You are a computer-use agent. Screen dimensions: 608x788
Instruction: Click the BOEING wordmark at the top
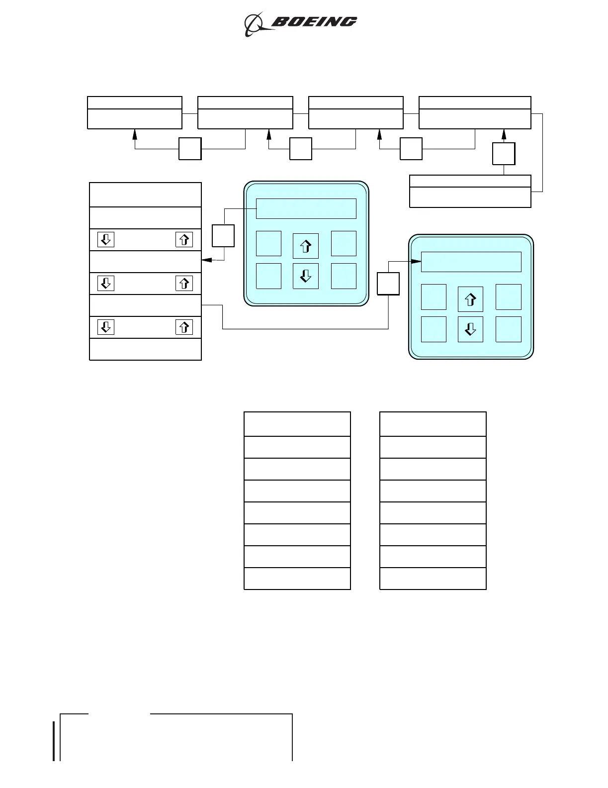(x=314, y=22)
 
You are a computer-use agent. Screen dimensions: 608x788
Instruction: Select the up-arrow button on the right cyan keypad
(x=470, y=299)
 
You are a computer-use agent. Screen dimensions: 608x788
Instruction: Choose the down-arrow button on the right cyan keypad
(x=470, y=329)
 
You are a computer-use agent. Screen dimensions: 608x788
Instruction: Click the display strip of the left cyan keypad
(x=306, y=209)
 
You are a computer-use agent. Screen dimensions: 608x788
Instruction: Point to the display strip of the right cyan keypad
(x=471, y=262)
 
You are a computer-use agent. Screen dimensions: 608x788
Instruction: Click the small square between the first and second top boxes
(x=190, y=149)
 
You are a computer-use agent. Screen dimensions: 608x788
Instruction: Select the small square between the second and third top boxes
(x=301, y=149)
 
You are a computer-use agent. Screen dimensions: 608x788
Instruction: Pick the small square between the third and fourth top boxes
(x=411, y=149)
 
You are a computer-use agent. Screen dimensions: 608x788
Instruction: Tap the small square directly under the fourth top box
(x=504, y=154)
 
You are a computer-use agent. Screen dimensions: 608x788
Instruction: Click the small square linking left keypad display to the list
(x=223, y=236)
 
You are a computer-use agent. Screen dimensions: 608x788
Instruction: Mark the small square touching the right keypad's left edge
(x=388, y=284)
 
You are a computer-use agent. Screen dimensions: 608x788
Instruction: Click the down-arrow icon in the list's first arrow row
(x=106, y=240)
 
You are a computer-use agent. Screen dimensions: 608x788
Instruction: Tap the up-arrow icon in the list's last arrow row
(x=184, y=327)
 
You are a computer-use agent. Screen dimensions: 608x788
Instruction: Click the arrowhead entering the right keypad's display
(x=418, y=261)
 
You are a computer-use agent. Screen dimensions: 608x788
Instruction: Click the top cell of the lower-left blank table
(x=297, y=424)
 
